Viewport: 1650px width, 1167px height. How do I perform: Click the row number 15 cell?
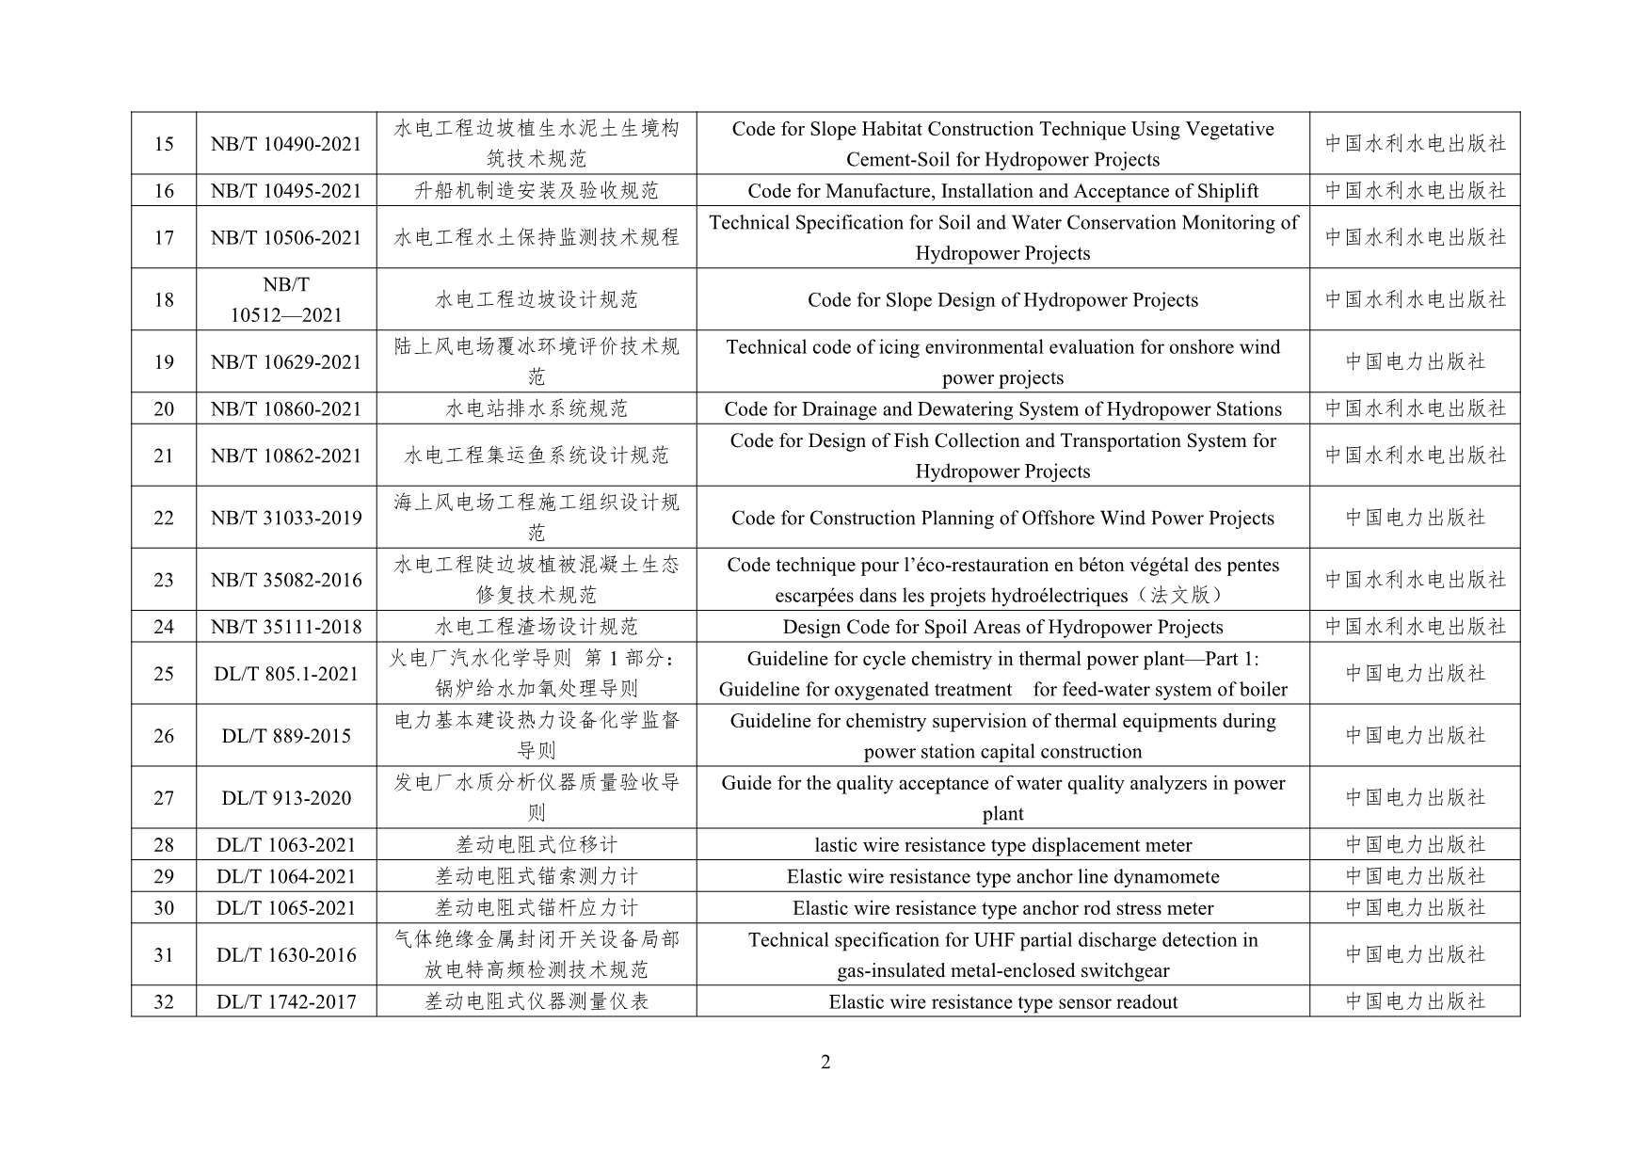[x=164, y=144]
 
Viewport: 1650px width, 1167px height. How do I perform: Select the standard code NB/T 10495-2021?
[x=286, y=191]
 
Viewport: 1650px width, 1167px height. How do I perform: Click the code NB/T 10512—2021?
[x=286, y=300]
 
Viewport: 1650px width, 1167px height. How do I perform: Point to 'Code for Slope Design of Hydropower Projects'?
[x=1002, y=300]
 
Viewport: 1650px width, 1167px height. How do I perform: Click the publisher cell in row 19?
[x=1415, y=361]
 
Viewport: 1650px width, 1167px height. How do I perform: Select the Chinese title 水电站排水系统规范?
[x=536, y=408]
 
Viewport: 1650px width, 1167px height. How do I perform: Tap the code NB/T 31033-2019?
[x=286, y=518]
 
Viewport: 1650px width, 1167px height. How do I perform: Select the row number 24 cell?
[x=164, y=627]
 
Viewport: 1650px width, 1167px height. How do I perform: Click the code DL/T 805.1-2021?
[x=286, y=674]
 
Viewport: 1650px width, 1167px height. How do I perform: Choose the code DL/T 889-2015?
[x=286, y=736]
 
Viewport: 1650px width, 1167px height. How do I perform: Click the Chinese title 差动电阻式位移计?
[x=536, y=845]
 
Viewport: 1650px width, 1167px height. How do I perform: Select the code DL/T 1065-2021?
[x=286, y=908]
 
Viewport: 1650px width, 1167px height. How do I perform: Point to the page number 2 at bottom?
[x=825, y=1063]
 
